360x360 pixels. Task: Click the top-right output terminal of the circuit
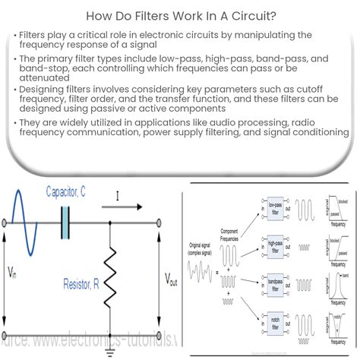point(160,223)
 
